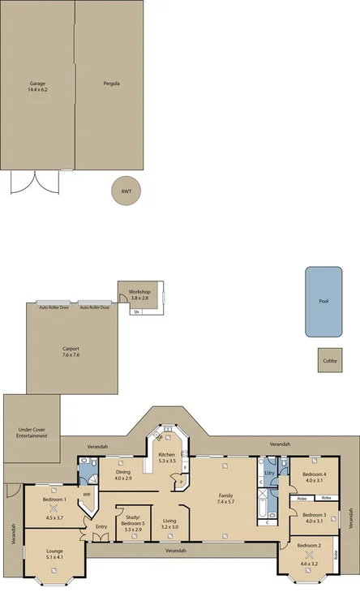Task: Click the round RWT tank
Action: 126,191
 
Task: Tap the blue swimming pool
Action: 324,301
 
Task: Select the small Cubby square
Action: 329,361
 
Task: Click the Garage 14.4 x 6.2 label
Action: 38,86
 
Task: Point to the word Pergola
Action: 112,84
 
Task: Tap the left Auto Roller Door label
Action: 54,307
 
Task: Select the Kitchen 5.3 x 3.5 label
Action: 167,458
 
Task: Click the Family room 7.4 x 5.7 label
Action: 225,499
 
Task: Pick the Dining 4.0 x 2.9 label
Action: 123,475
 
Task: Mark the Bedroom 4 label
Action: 315,477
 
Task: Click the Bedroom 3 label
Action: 315,517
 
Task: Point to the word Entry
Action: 101,527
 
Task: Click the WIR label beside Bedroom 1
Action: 87,494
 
